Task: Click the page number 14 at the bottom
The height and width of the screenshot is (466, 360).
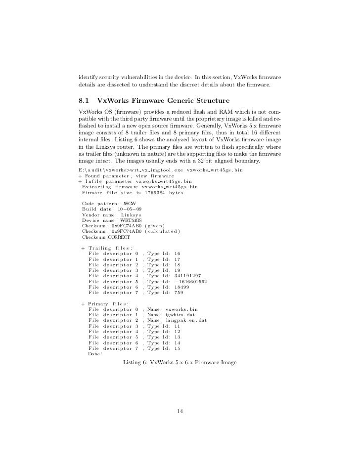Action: point(180,411)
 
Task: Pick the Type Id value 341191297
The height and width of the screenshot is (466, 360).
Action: point(186,275)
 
